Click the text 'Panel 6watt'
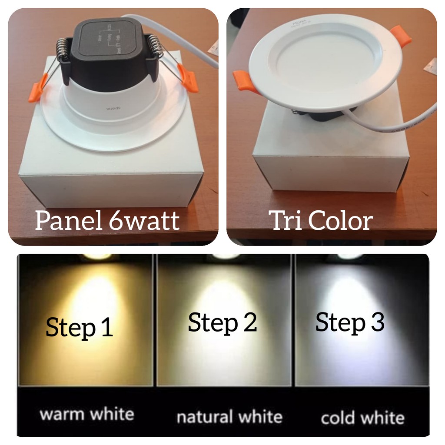click(x=107, y=220)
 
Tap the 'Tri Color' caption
click(x=321, y=220)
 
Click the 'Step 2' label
click(x=222, y=322)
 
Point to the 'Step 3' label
click(x=349, y=322)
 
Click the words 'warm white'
click(x=86, y=414)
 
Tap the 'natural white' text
click(x=229, y=416)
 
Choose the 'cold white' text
click(x=362, y=418)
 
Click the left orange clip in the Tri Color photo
click(x=245, y=81)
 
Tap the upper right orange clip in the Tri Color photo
click(x=401, y=37)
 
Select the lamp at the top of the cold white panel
click(x=350, y=257)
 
